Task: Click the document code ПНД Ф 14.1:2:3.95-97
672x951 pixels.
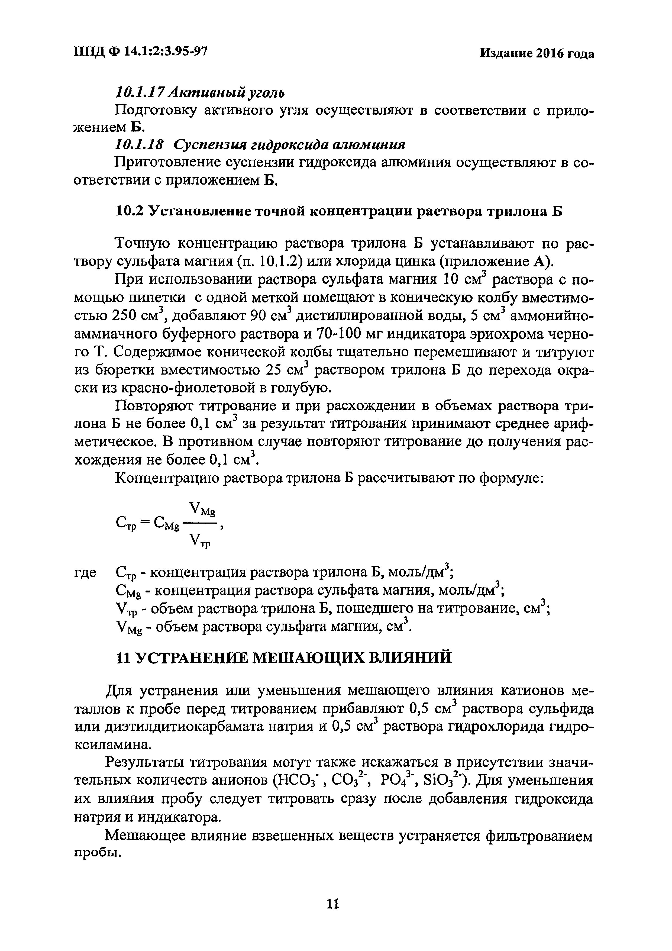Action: tap(140, 51)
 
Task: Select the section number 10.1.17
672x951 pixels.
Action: tap(134, 92)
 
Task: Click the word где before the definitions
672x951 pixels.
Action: tap(85, 573)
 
